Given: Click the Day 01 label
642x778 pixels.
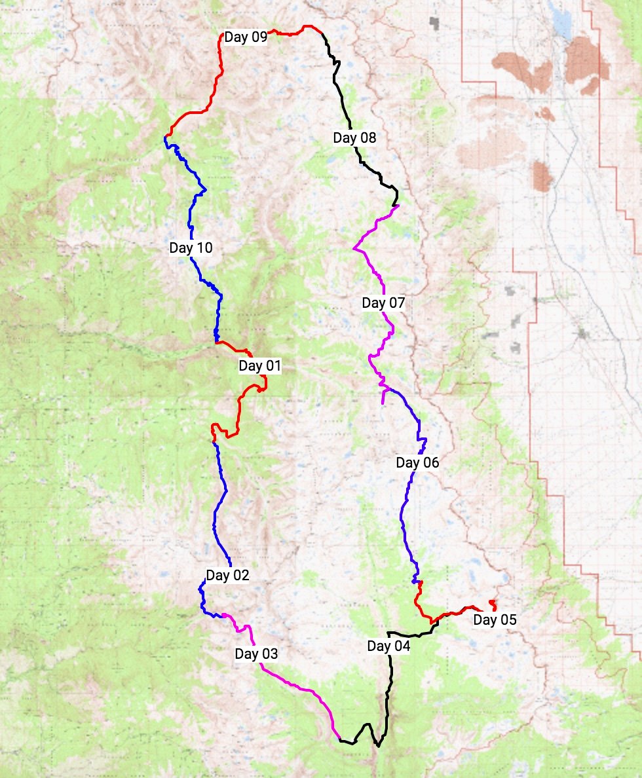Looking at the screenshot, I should click(259, 365).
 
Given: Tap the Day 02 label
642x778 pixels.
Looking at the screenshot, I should click(227, 576).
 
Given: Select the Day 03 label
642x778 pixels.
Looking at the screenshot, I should click(256, 654).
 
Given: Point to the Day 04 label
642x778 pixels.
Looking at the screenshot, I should click(388, 646).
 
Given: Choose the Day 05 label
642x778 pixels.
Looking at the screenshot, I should click(495, 620).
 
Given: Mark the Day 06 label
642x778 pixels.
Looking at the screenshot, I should click(417, 462).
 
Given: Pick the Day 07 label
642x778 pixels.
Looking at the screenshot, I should click(383, 303).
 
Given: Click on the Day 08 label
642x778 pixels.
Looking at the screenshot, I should click(354, 138).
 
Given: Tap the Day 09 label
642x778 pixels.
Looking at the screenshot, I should click(246, 37).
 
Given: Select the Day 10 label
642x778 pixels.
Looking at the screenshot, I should click(191, 248).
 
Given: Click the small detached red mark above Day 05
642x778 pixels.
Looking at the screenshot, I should click(492, 602).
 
